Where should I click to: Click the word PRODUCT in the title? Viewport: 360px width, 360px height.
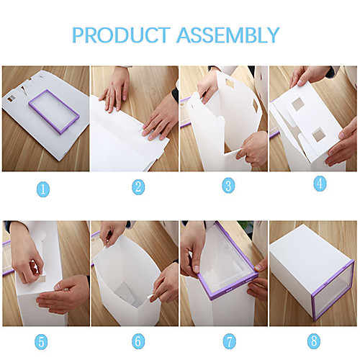click(121, 35)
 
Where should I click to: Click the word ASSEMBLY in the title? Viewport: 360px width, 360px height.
click(228, 35)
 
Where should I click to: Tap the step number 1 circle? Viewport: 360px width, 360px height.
click(43, 189)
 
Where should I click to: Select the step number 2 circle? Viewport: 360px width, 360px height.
click(138, 187)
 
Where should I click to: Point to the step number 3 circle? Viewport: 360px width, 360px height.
click(228, 186)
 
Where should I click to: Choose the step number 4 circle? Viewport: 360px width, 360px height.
click(320, 184)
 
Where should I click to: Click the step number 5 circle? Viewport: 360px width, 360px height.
click(41, 342)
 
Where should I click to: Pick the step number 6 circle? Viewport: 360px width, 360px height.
click(138, 341)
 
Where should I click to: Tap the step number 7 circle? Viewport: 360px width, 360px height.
click(230, 341)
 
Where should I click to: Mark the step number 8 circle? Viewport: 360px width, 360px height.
click(314, 341)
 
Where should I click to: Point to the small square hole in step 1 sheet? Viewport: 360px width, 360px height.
click(11, 99)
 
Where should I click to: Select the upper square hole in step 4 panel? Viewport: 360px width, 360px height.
click(298, 104)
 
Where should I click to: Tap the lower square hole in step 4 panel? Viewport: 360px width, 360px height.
click(319, 135)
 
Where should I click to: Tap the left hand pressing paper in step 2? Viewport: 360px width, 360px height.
click(116, 91)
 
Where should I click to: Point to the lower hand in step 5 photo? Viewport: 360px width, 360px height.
click(63, 294)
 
